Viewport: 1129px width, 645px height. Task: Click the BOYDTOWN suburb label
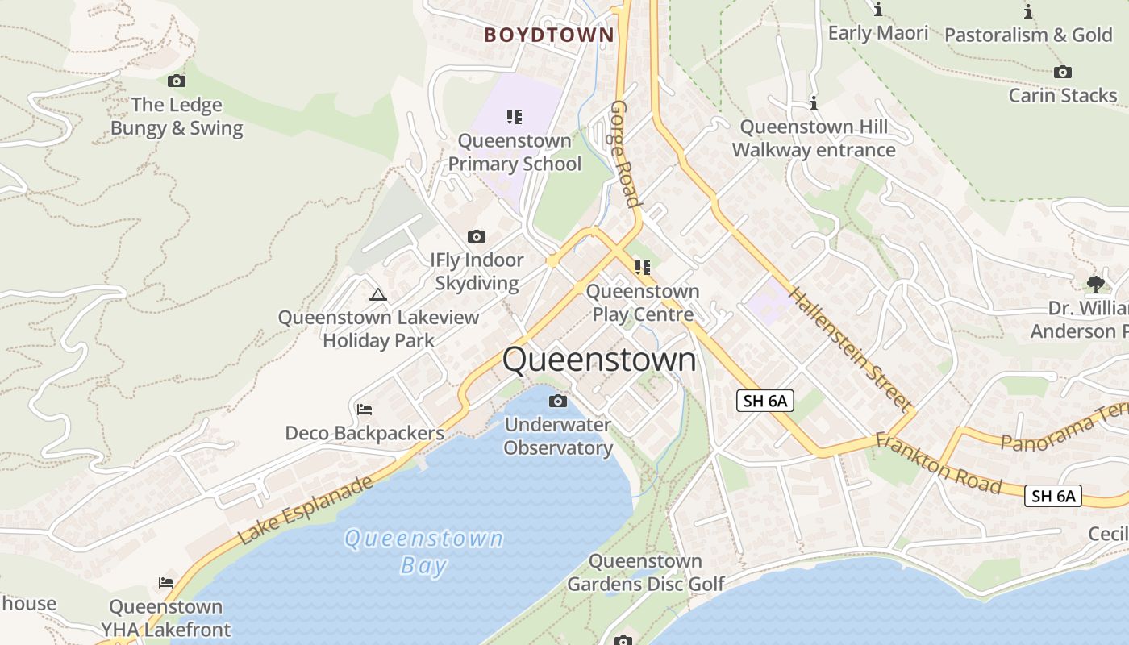[x=548, y=35]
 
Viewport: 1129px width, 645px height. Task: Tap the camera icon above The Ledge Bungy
[x=177, y=81]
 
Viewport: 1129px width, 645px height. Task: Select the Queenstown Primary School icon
[x=515, y=117]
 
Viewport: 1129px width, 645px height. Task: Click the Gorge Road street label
[x=625, y=153]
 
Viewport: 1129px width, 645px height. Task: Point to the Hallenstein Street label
[x=850, y=348]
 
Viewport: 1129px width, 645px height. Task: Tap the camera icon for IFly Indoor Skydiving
[x=477, y=236]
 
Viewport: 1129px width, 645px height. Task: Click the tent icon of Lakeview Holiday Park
[x=377, y=294]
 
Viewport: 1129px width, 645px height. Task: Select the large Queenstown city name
[x=599, y=360]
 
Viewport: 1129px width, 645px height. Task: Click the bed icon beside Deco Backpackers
[x=365, y=410]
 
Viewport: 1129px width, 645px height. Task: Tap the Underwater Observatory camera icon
[x=558, y=401]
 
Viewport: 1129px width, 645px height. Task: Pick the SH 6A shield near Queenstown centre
[x=764, y=401]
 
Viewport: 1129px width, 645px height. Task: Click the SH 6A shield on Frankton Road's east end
[x=1052, y=496]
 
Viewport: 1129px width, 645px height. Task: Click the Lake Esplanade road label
[x=306, y=510]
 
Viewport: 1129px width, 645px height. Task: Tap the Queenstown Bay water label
[x=423, y=551]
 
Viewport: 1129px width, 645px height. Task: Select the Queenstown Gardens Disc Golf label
[x=645, y=572]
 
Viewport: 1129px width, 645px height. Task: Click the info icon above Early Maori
[x=878, y=10]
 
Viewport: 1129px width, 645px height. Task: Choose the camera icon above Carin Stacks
[x=1063, y=72]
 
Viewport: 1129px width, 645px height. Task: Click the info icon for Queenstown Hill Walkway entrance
[x=814, y=104]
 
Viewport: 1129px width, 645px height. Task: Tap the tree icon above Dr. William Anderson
[x=1095, y=284]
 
